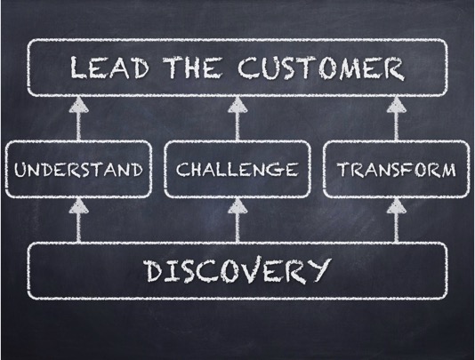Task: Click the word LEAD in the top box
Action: pyautogui.click(x=109, y=68)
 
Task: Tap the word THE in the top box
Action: pyautogui.click(x=192, y=67)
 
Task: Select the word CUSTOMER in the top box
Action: pyautogui.click(x=321, y=68)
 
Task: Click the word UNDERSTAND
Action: pyautogui.click(x=78, y=169)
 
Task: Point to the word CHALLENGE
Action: pyautogui.click(x=237, y=169)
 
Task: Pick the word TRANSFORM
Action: pyautogui.click(x=396, y=169)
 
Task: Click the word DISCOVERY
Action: pyautogui.click(x=237, y=271)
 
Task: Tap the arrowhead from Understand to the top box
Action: pyautogui.click(x=79, y=105)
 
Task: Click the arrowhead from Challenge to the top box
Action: pyautogui.click(x=237, y=105)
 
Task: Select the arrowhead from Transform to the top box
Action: pyautogui.click(x=396, y=105)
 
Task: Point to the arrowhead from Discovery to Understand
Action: pyautogui.click(x=79, y=206)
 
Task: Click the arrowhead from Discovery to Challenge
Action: pyautogui.click(x=237, y=206)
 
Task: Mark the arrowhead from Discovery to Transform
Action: pyautogui.click(x=396, y=206)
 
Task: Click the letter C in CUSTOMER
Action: pyautogui.click(x=249, y=68)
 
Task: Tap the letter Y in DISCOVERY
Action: pyautogui.click(x=318, y=270)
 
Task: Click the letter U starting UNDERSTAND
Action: pyautogui.click(x=20, y=170)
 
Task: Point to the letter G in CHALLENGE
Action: pyautogui.click(x=276, y=170)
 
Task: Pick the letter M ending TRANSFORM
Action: pyautogui.click(x=447, y=170)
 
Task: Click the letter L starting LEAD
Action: pyautogui.click(x=78, y=68)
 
